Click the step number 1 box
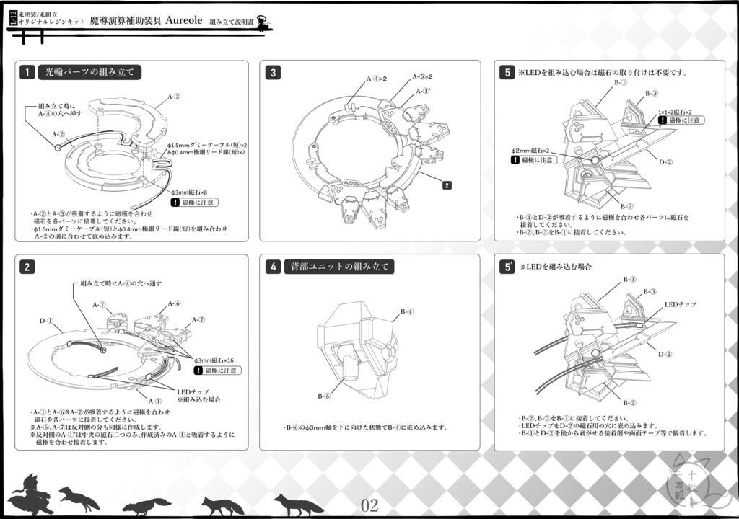pyautogui.click(x=27, y=72)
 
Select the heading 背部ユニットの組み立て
pyautogui.click(x=338, y=267)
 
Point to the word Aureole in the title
pyautogui.click(x=189, y=20)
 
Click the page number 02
pyautogui.click(x=369, y=505)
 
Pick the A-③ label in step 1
pyautogui.click(x=174, y=96)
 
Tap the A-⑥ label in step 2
pyautogui.click(x=174, y=303)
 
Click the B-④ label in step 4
pyautogui.click(x=407, y=311)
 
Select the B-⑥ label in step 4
pyautogui.click(x=324, y=396)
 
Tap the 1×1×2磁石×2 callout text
pyautogui.click(x=674, y=112)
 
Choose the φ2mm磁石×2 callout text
pyautogui.click(x=530, y=150)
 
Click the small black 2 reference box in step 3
pyautogui.click(x=447, y=185)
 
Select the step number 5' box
pyautogui.click(x=508, y=267)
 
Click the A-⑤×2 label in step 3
pyautogui.click(x=422, y=76)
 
